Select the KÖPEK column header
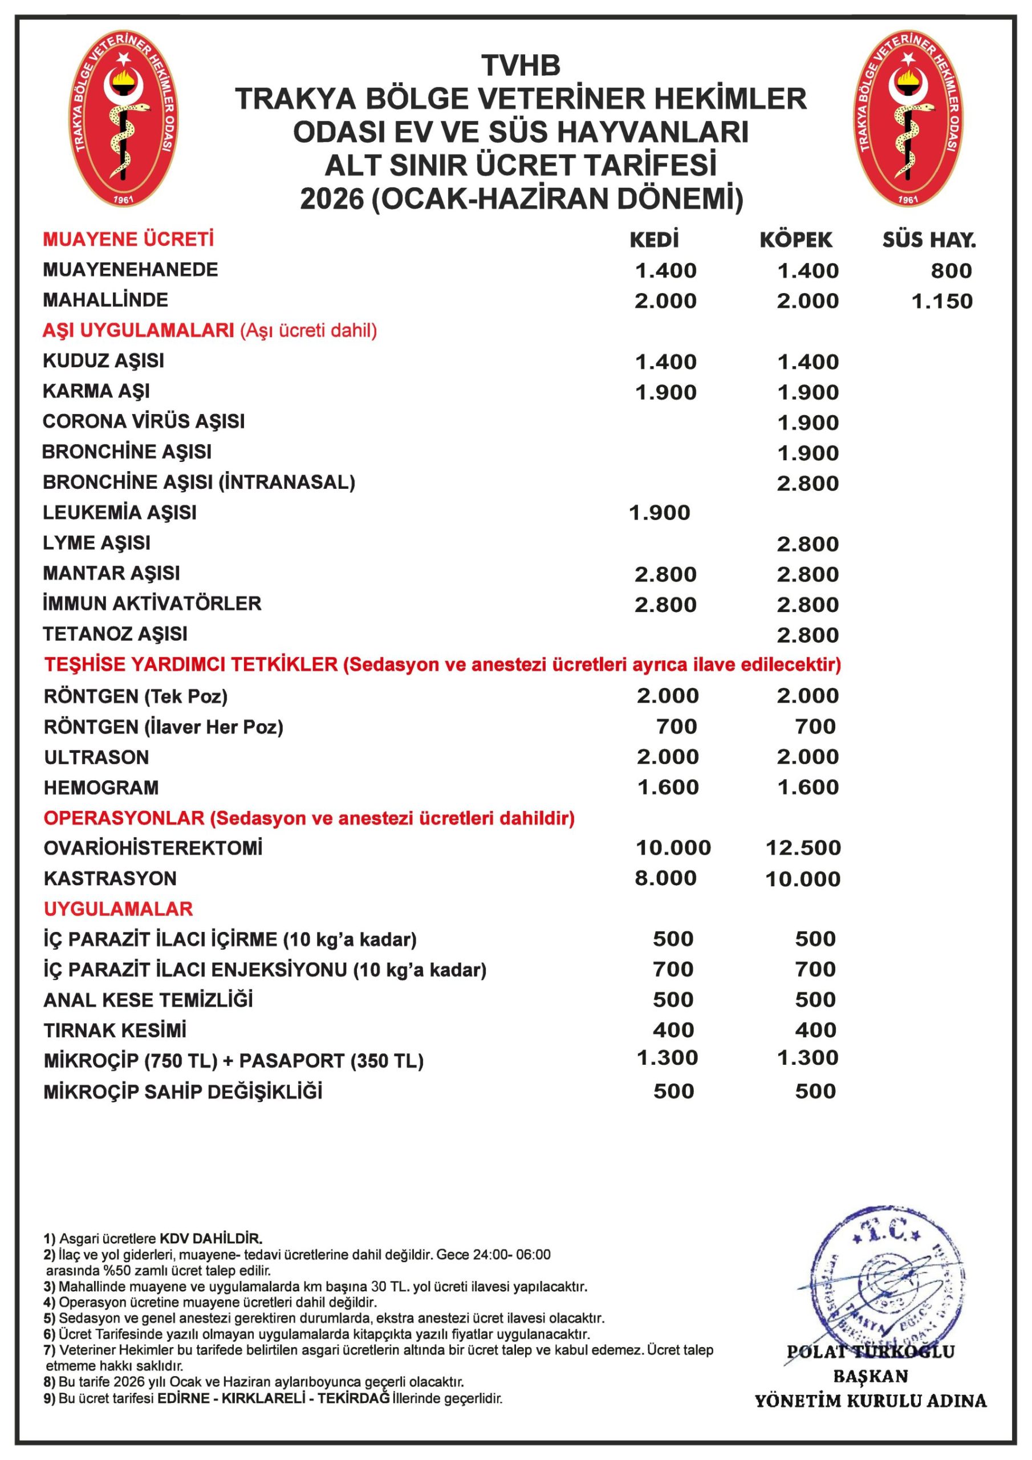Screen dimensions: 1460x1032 [795, 240]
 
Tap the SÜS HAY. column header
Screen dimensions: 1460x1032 [928, 240]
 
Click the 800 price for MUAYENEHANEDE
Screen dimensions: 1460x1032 [950, 271]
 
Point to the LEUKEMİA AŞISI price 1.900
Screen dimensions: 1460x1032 [659, 513]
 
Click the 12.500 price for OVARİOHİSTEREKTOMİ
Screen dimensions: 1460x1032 [803, 847]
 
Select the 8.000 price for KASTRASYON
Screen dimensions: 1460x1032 [666, 878]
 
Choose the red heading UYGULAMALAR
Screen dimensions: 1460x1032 [118, 909]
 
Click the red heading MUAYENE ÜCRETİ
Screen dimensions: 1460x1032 [128, 240]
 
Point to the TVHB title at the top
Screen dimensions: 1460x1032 [521, 66]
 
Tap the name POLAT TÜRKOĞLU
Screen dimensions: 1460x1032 [871, 1352]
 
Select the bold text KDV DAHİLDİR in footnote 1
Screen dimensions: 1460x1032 [210, 1239]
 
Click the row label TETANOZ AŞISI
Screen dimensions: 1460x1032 [115, 634]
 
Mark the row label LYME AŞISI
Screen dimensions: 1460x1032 [97, 543]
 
